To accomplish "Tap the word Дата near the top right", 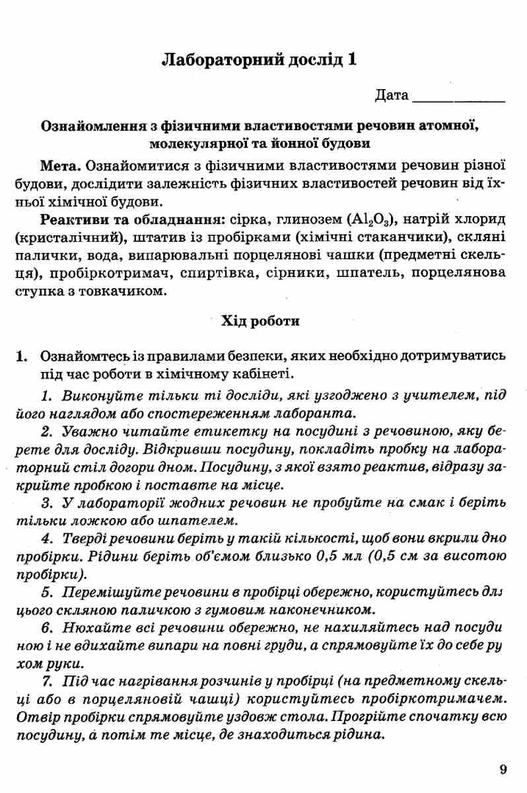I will [x=392, y=96].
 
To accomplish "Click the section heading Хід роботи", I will [x=263, y=322].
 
